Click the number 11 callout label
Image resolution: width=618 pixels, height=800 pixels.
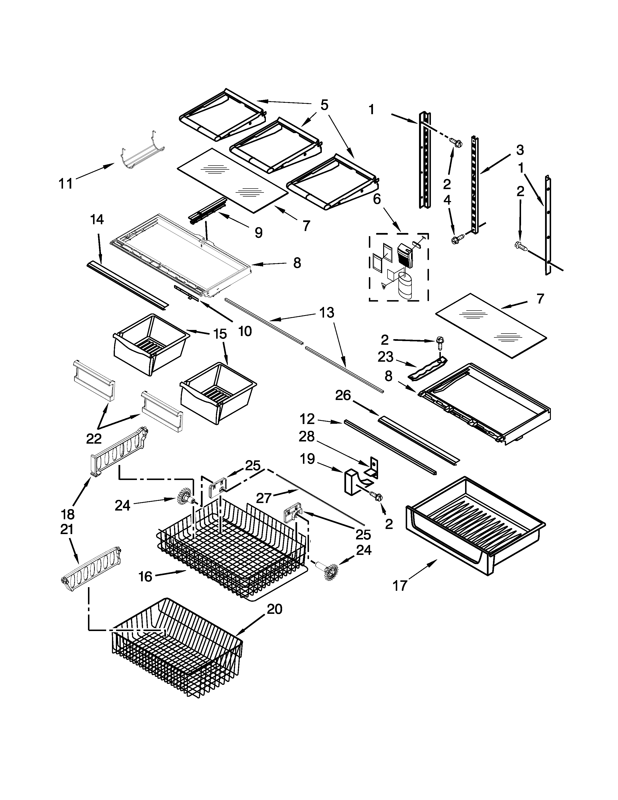tap(66, 183)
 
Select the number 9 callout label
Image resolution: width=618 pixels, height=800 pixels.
tap(259, 232)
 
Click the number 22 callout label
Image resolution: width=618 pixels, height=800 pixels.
tap(94, 439)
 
